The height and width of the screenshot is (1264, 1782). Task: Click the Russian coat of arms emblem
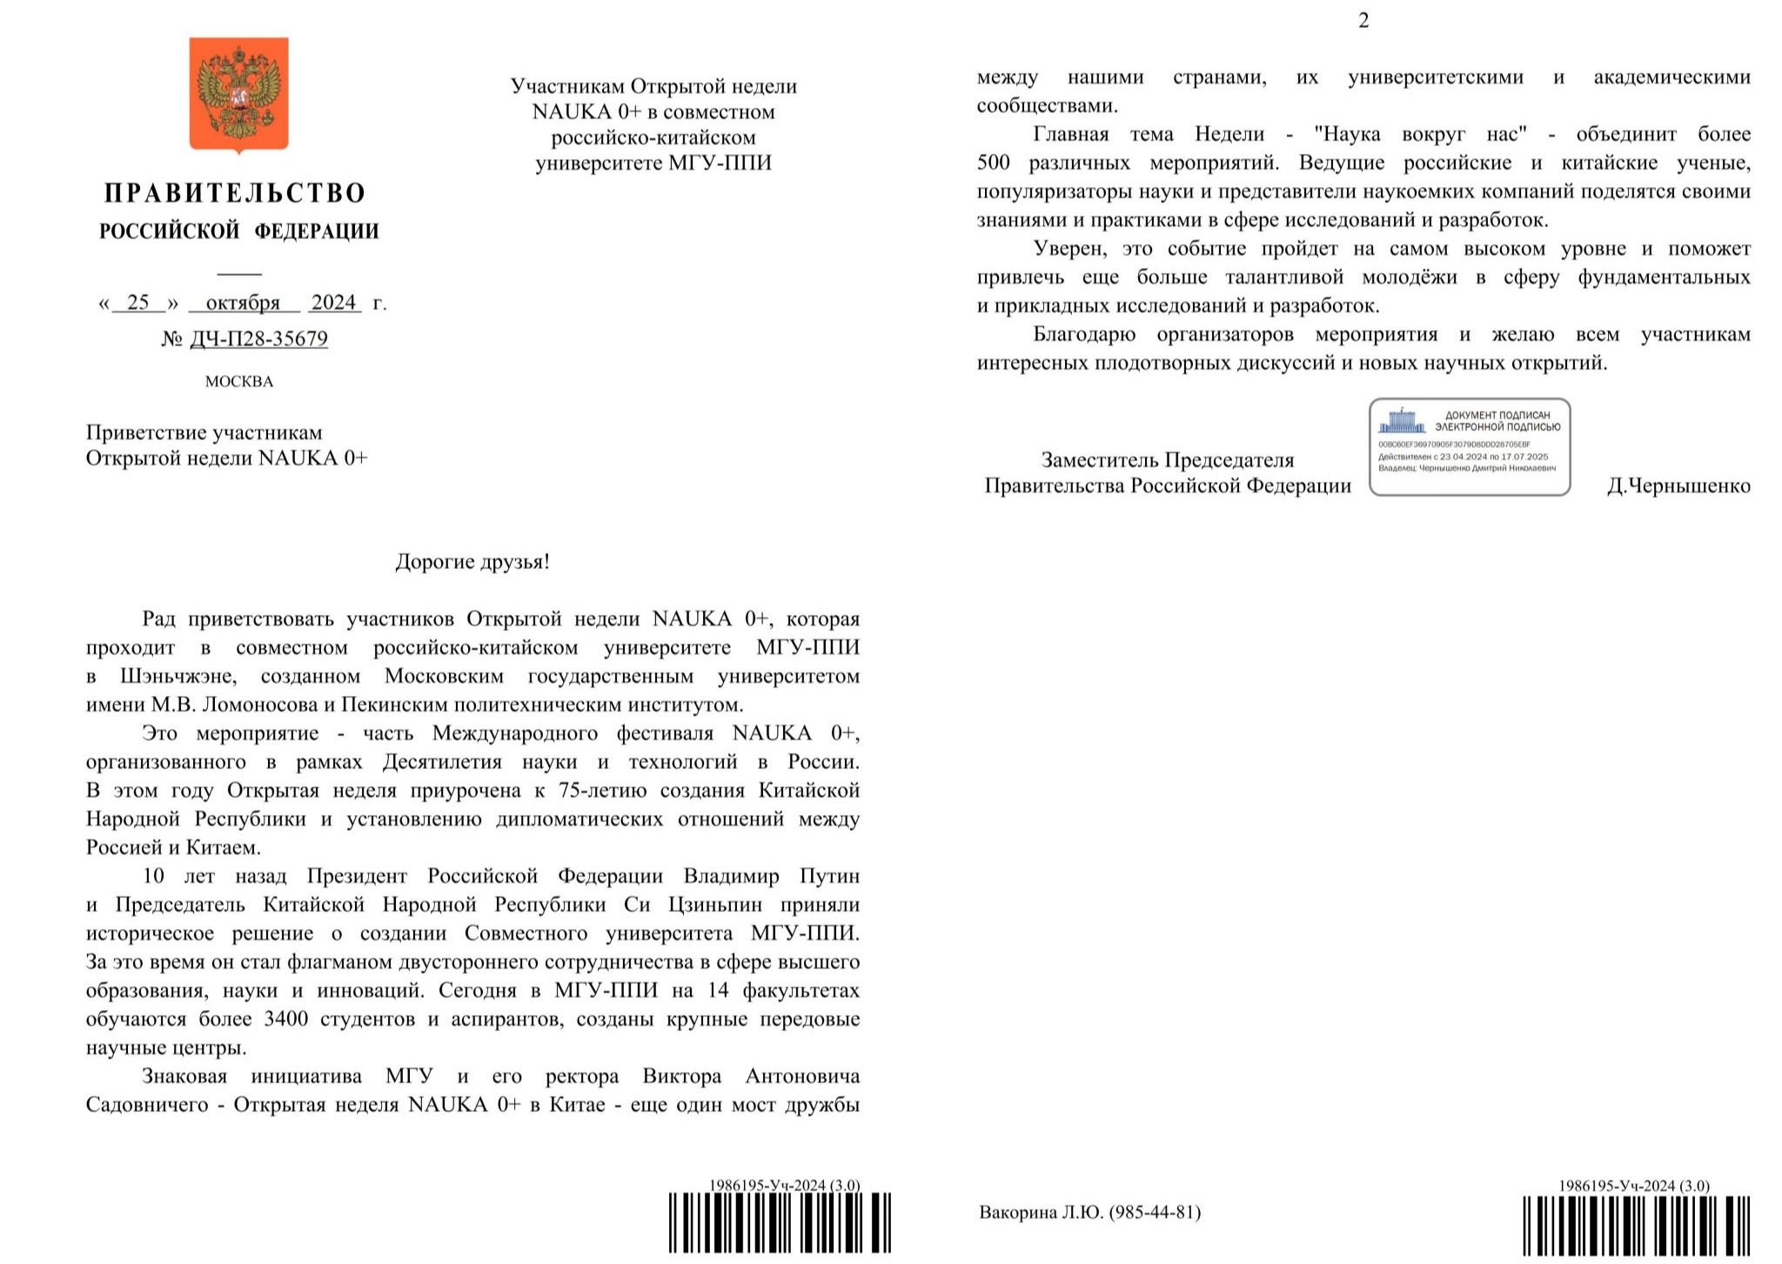tap(238, 93)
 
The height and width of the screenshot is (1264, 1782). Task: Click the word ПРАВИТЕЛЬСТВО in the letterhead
tap(235, 193)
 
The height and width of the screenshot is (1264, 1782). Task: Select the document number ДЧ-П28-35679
tap(258, 338)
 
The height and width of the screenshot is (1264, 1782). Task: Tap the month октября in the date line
tap(243, 303)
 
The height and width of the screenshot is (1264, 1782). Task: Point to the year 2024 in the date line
tap(334, 302)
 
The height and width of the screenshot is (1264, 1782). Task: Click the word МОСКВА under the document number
tap(238, 381)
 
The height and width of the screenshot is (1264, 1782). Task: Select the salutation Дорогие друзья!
tap(472, 561)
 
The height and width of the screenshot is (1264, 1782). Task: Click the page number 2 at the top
tap(1363, 21)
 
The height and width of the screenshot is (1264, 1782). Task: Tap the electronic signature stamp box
tap(1469, 447)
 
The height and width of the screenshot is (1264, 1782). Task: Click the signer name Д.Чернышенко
tap(1678, 485)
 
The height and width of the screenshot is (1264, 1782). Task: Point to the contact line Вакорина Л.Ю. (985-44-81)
tap(1089, 1212)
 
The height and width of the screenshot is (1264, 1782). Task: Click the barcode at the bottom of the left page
tap(779, 1223)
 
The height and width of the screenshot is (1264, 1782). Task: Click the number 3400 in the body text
tap(286, 1019)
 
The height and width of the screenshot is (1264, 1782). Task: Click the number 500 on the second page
tap(993, 163)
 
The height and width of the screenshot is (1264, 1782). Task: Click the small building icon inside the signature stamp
tap(1401, 422)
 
